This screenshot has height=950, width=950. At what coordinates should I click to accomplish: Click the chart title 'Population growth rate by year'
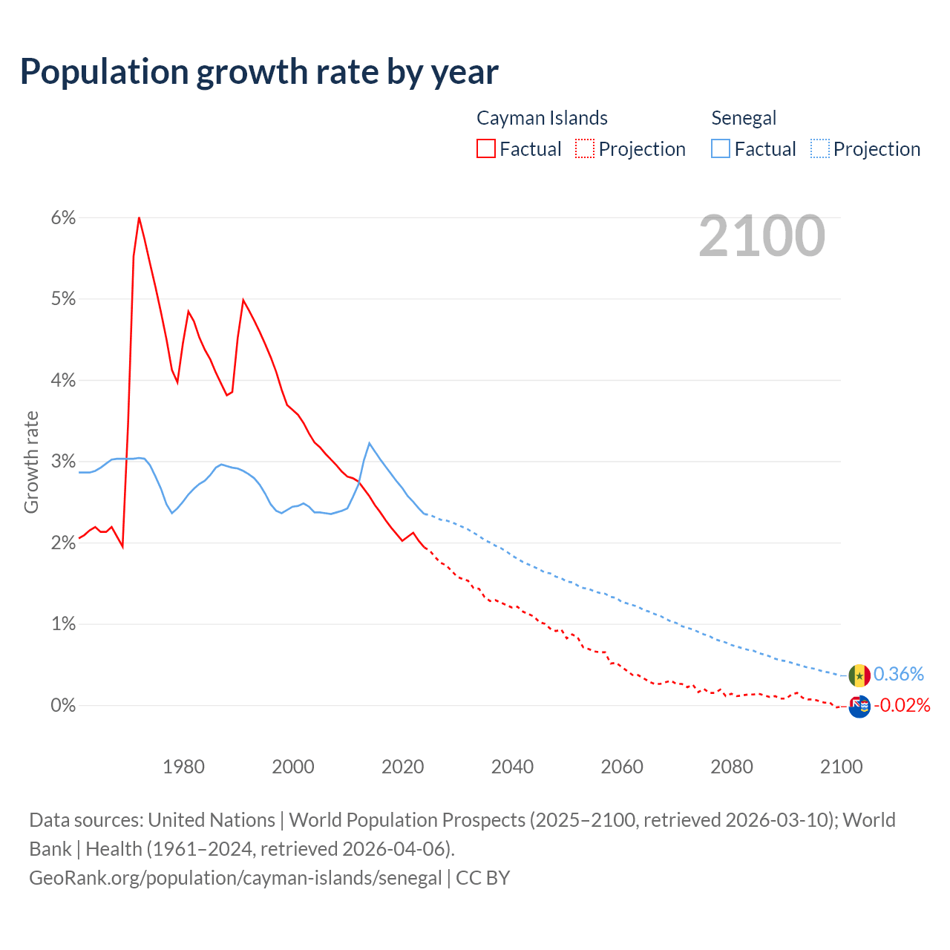coord(259,72)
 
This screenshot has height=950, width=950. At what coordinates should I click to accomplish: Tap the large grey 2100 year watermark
coord(761,236)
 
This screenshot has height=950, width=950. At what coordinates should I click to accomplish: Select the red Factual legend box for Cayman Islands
coord(486,148)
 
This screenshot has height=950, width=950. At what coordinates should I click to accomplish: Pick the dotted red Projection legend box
coord(585,148)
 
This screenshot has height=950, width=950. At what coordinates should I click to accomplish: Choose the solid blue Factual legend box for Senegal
coord(721,148)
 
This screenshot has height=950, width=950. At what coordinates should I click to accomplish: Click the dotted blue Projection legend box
coord(820,148)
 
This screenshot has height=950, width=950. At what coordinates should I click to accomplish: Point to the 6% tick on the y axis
coord(63,218)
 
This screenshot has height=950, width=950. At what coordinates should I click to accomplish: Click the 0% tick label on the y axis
coord(63,705)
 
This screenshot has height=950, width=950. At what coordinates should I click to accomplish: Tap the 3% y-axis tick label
coord(63,462)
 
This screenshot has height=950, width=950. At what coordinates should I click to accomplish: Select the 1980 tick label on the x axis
coord(183,767)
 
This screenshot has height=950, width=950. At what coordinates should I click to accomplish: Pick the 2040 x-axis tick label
coord(512,767)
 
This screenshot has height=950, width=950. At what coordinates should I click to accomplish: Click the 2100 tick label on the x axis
coord(841,767)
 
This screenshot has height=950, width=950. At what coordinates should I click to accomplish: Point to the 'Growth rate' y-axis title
coord(31,462)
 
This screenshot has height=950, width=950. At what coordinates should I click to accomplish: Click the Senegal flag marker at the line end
coord(859,675)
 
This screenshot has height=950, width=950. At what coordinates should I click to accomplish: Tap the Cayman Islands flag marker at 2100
coord(859,707)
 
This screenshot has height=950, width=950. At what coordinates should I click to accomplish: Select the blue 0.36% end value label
coord(899,674)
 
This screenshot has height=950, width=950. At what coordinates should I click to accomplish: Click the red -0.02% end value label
coord(902,705)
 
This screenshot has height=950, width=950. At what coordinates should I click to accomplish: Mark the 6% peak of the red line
coord(139,217)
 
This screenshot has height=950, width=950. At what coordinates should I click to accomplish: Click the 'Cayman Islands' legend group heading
coord(542,118)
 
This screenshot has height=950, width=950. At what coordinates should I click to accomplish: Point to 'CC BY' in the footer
coord(482,878)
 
